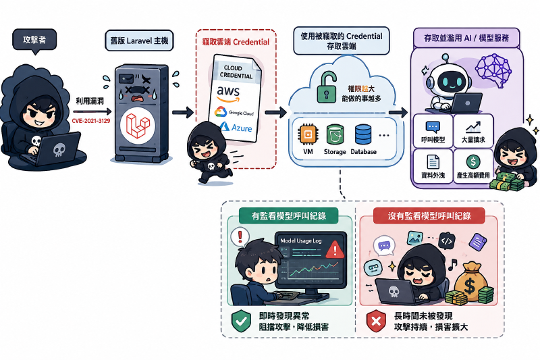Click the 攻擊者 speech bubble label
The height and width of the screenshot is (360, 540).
34,40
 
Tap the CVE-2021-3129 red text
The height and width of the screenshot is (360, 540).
91,121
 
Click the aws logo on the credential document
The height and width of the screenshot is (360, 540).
228,94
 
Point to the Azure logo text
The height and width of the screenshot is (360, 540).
236,128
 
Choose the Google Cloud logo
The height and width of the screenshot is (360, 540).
234,112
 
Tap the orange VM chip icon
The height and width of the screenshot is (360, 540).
308,134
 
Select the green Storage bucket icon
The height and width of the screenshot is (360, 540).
335,134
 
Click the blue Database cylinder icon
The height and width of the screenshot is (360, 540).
363,134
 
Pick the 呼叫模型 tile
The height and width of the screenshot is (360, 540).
433,131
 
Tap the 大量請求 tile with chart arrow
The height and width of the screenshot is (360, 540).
474,131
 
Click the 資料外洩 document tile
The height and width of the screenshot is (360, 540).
433,166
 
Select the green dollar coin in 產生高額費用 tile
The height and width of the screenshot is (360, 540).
473,161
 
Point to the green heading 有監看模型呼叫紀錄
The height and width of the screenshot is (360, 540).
289,216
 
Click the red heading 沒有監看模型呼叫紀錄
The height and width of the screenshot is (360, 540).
429,216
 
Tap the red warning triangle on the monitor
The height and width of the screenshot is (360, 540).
335,250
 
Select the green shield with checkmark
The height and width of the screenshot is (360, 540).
241,321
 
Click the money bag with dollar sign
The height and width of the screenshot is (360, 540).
470,282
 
